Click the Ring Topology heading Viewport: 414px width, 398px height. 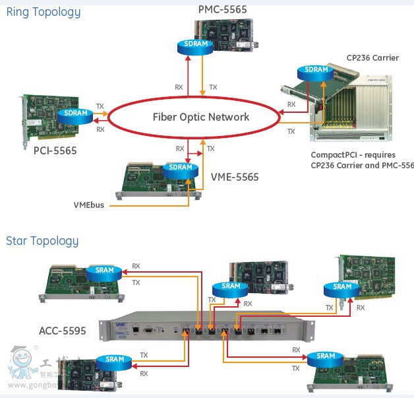(44, 12)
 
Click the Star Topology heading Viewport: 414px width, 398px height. (42, 241)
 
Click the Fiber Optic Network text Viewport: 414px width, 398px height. (201, 117)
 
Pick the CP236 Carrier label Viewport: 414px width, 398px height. (372, 58)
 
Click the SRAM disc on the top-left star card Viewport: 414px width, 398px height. (105, 271)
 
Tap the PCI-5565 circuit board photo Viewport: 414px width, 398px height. (46, 119)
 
